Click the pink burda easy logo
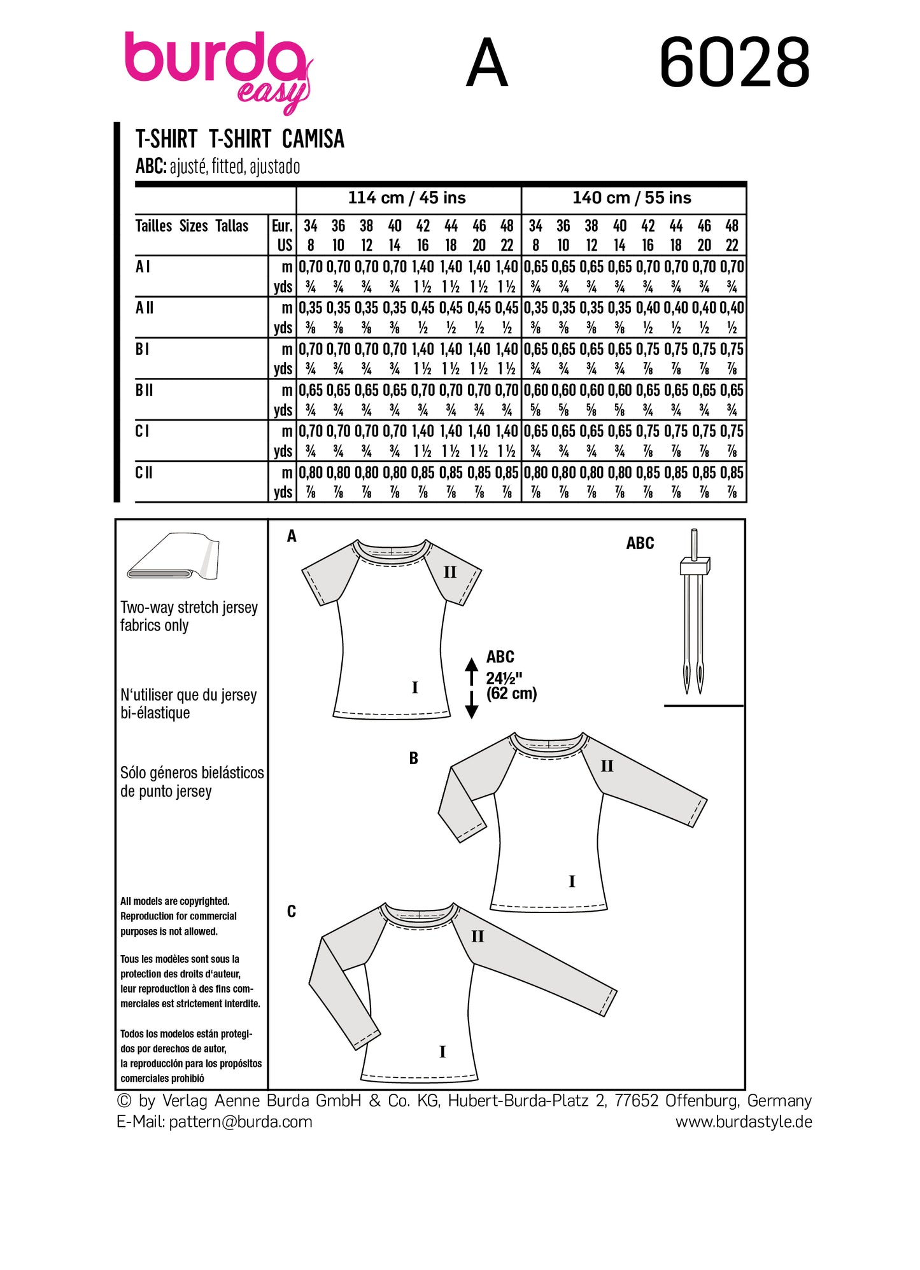click(x=216, y=67)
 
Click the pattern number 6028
click(x=733, y=63)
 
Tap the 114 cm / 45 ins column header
click(x=407, y=198)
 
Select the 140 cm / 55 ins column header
click(x=632, y=198)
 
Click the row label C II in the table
click(x=144, y=473)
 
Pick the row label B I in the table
click(x=142, y=349)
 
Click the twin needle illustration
click(x=694, y=611)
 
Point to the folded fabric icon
click(x=173, y=557)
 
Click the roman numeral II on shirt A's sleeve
click(x=450, y=572)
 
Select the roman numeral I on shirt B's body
click(x=571, y=881)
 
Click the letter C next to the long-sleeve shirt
click(x=292, y=911)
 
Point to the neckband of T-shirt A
click(x=391, y=552)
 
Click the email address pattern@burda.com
click(x=241, y=1121)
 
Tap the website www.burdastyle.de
click(x=743, y=1121)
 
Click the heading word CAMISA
click(x=313, y=139)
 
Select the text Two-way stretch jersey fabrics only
click(x=188, y=616)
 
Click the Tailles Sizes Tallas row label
click(x=192, y=226)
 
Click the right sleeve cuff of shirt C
click(x=609, y=1002)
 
